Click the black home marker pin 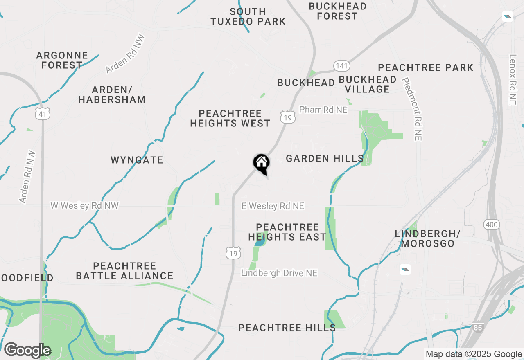(261, 164)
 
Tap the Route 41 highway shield (43, 114)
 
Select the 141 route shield (341, 65)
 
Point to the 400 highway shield (491, 224)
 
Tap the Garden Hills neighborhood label (325, 158)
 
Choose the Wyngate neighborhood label (137, 160)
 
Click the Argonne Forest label (62, 60)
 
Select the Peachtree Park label (426, 67)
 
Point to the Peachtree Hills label (287, 328)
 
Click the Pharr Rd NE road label (323, 110)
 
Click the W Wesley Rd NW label (84, 205)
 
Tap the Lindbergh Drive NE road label (279, 273)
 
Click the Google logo (27, 350)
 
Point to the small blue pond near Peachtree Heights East (259, 242)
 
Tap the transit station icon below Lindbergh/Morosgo (405, 269)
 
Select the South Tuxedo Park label (248, 16)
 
